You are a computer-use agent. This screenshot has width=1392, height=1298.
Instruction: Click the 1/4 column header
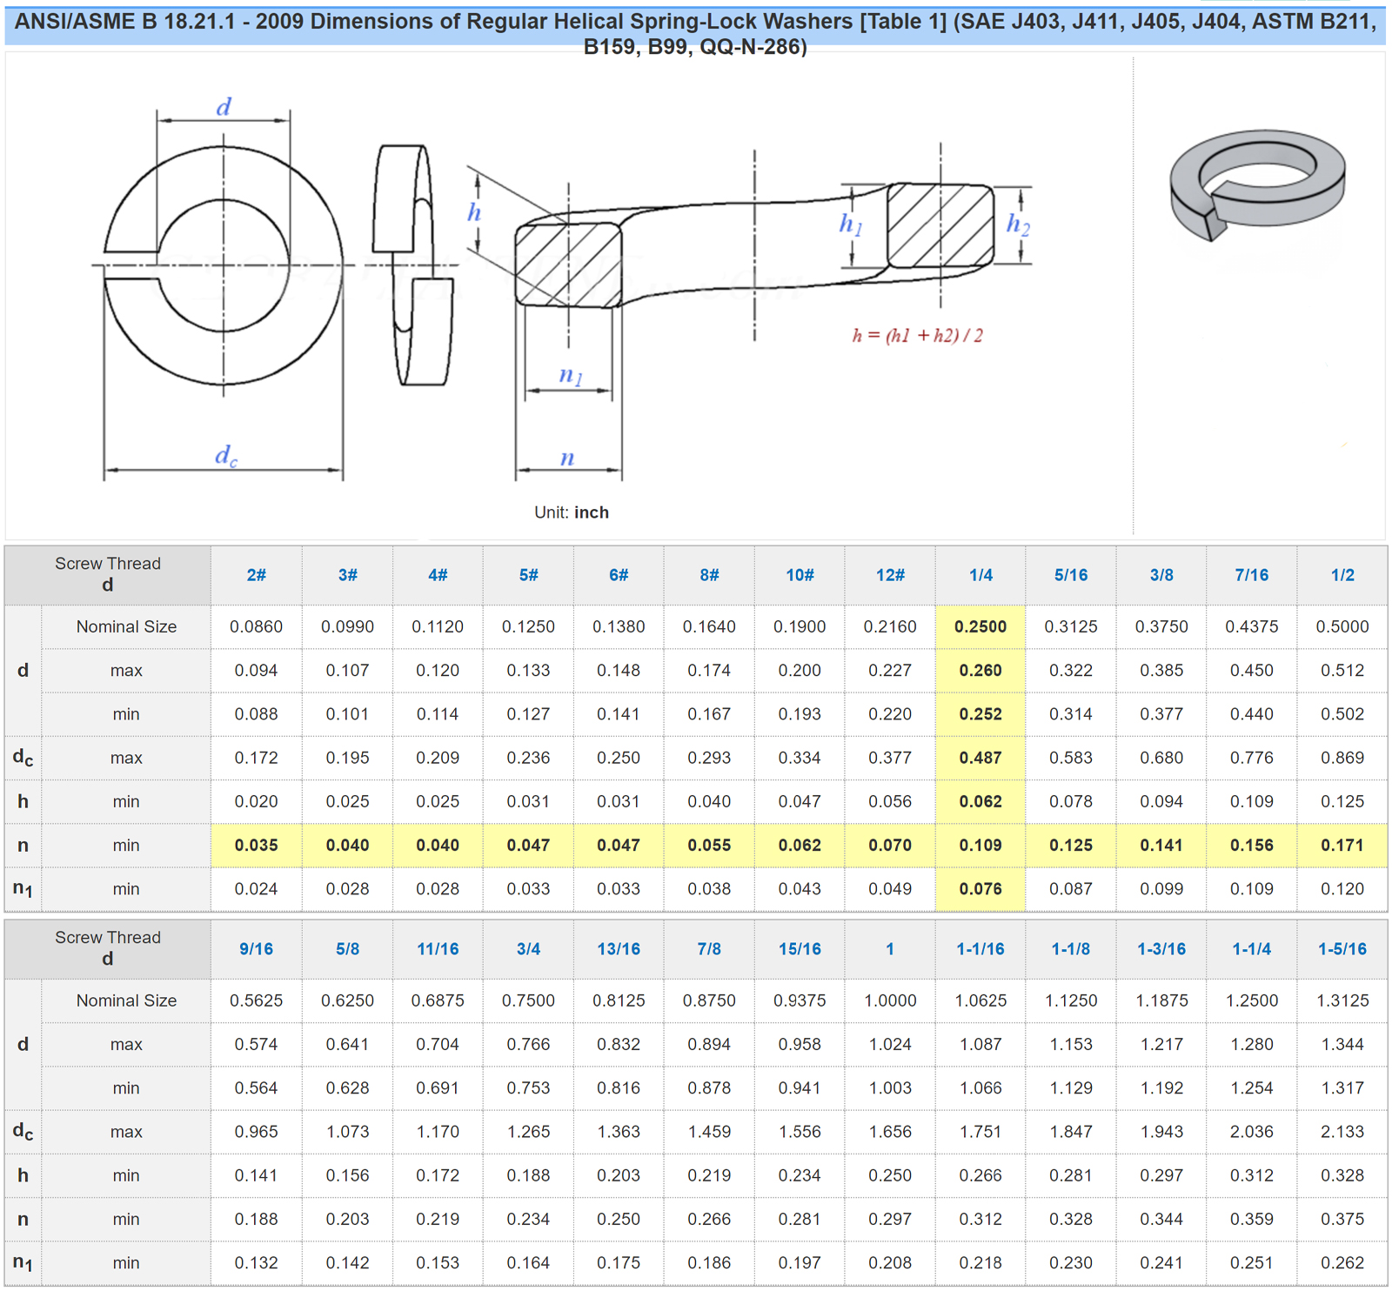[x=980, y=575]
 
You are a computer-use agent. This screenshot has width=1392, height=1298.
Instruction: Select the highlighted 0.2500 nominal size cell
[x=980, y=626]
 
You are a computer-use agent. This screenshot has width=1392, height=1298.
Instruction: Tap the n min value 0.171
[x=1342, y=845]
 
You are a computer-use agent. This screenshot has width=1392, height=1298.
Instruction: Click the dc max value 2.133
[x=1342, y=1132]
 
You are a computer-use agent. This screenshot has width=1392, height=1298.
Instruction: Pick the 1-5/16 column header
[x=1342, y=949]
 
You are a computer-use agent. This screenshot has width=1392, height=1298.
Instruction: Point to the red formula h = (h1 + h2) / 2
[x=917, y=336]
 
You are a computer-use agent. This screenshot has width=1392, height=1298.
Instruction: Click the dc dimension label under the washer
[x=225, y=456]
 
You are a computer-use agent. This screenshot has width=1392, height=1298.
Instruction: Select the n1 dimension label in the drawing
[x=570, y=375]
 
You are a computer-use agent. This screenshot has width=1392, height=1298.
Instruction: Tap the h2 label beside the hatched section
[x=1017, y=224]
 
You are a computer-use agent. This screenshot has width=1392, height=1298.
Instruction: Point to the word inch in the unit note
[x=591, y=512]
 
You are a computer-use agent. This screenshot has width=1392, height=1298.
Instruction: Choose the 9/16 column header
[x=256, y=949]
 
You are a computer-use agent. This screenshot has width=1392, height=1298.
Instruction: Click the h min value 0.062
[x=980, y=801]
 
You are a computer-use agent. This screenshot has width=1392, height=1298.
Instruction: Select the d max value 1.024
[x=890, y=1044]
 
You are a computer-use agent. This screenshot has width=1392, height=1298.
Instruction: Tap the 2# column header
[x=256, y=575]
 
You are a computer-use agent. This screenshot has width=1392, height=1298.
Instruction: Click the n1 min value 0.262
[x=1342, y=1262]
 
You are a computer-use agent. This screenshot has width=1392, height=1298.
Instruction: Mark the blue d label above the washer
[x=224, y=107]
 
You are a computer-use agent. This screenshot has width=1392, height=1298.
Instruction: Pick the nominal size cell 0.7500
[x=528, y=1000]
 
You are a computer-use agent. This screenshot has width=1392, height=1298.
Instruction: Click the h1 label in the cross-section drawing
[x=850, y=224]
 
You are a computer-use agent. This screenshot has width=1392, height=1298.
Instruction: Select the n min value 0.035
[x=256, y=845]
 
